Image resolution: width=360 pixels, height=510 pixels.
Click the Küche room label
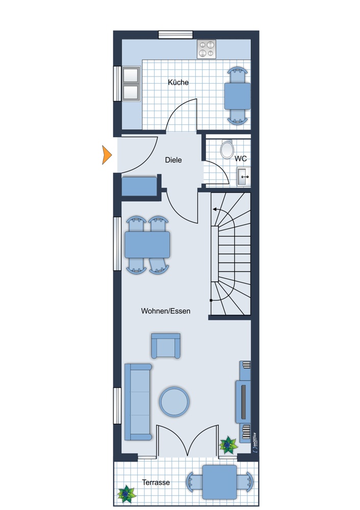click(178, 82)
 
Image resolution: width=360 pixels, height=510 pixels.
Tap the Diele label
click(173, 160)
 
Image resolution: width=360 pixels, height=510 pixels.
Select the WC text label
click(241, 159)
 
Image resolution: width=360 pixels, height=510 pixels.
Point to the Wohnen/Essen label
click(166, 311)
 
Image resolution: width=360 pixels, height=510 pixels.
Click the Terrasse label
click(156, 482)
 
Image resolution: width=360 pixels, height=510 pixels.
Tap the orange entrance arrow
click(107, 155)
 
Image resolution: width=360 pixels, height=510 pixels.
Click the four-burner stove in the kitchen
click(207, 48)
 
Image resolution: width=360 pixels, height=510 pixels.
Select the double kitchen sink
click(132, 83)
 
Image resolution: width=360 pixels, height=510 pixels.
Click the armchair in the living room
click(166, 346)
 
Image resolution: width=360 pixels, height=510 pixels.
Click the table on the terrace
click(219, 481)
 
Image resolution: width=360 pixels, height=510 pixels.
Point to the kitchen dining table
click(238, 96)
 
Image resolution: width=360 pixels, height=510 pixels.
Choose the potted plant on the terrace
click(125, 493)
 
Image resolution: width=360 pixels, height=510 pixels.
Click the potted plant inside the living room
click(227, 445)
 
